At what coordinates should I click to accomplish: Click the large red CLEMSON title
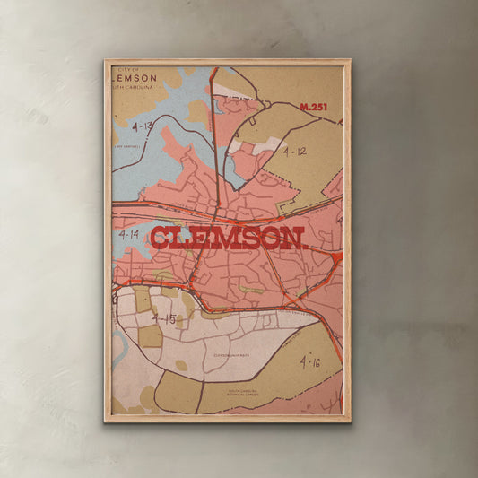point(228,239)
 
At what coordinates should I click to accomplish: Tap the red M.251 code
point(314,108)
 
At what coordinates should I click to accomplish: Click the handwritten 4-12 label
point(294,152)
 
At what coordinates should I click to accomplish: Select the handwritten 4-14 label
point(128,234)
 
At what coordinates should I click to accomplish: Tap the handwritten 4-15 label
point(163,318)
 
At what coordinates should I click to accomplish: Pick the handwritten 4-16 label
point(310,362)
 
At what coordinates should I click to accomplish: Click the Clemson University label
point(232,355)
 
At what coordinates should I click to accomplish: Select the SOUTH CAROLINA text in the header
point(135,88)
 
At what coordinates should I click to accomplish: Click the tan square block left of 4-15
point(143,300)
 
